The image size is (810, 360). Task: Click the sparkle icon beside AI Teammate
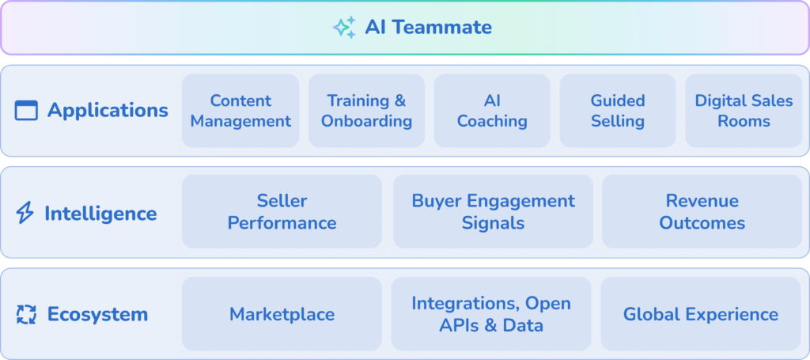[x=344, y=28]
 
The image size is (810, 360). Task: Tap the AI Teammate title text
[x=428, y=28]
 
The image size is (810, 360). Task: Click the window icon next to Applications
[x=26, y=111]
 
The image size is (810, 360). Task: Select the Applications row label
[x=108, y=111]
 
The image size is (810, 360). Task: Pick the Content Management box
[x=240, y=111]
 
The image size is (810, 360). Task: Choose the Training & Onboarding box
[x=366, y=111]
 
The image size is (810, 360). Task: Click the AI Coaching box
[x=492, y=111]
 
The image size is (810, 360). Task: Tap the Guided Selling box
[x=618, y=111]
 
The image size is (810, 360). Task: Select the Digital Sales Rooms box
[x=744, y=111]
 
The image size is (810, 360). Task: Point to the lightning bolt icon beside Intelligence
[x=25, y=213]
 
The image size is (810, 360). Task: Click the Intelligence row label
[x=100, y=213]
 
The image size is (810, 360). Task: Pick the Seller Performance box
[x=282, y=211]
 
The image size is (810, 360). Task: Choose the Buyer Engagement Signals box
[x=493, y=211]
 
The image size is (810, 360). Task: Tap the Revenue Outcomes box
[x=702, y=211]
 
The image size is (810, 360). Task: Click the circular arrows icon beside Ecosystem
[x=26, y=314]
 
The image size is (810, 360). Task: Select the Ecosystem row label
[x=97, y=314]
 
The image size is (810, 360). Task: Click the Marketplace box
[x=282, y=314]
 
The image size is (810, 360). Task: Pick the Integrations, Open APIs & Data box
[x=491, y=314]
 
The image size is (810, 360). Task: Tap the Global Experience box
[x=701, y=314]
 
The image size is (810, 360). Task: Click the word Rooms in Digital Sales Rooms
[x=744, y=121]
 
